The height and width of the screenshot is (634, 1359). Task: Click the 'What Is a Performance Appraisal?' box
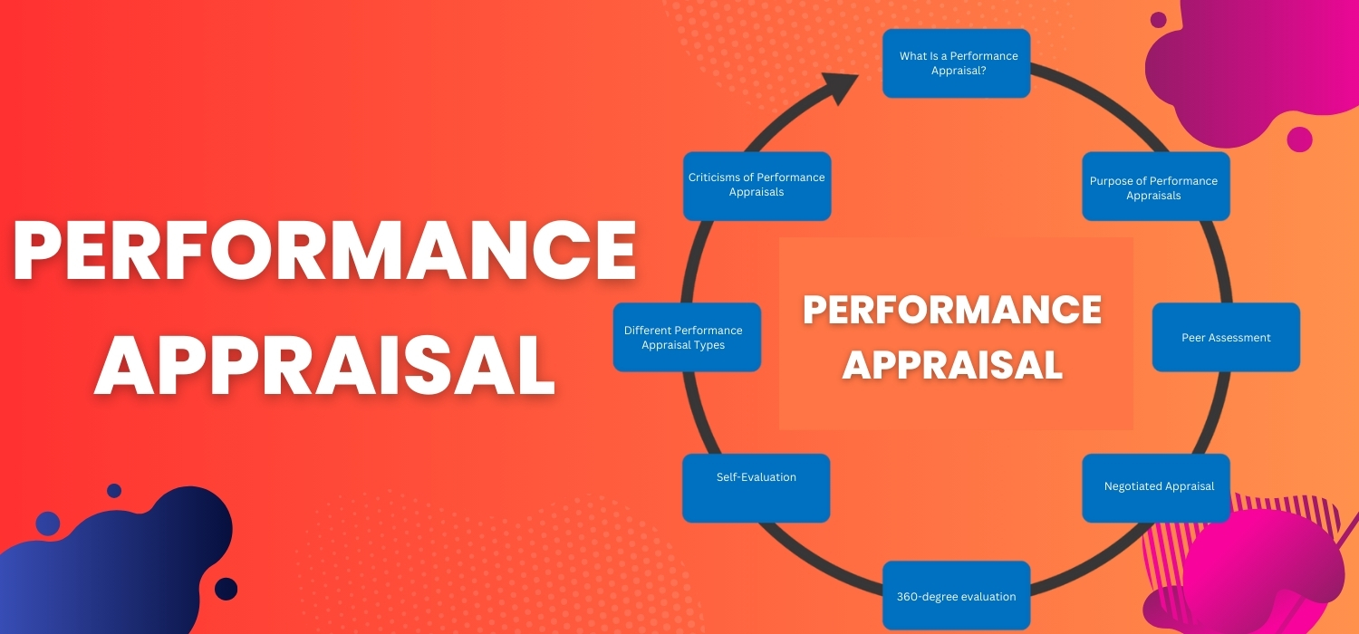point(956,63)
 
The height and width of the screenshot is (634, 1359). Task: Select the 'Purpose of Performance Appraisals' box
point(1156,187)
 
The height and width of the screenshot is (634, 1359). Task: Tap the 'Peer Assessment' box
point(1226,337)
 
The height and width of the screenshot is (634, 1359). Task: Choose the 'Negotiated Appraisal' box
point(1156,488)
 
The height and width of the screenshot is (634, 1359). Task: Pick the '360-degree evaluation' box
point(956,595)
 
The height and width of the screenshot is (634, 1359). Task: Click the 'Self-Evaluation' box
point(756,488)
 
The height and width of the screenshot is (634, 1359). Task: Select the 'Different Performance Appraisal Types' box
point(687,337)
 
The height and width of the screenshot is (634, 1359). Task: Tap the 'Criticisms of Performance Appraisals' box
point(757,187)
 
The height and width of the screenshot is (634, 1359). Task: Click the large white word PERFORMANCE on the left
point(324,250)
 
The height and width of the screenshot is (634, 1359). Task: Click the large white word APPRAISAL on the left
point(324,366)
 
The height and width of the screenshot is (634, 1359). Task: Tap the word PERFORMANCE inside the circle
point(952,310)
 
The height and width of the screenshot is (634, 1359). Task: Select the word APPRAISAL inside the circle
point(952,365)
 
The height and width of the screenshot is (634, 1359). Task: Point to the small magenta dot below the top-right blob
point(1299,139)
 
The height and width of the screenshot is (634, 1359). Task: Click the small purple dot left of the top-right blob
point(1158,20)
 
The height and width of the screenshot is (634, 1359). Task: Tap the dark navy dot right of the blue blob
point(226,589)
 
